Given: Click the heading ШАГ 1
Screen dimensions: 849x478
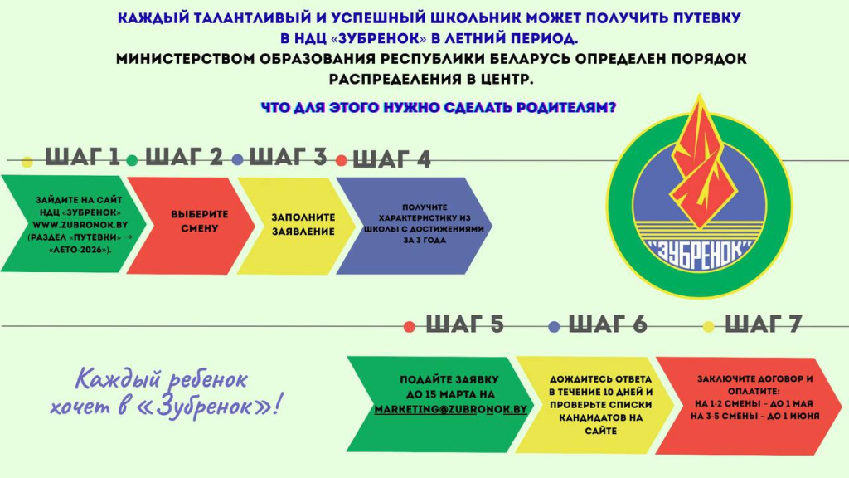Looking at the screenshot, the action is (x=82, y=157).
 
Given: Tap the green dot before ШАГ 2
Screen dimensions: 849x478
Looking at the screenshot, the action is (x=132, y=160).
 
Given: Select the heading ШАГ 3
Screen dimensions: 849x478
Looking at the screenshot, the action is (x=288, y=157).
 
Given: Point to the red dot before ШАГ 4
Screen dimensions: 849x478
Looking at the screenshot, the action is (x=341, y=160).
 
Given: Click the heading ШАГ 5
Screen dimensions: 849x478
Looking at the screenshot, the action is (x=464, y=324).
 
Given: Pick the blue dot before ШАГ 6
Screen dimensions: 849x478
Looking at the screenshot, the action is (x=554, y=327).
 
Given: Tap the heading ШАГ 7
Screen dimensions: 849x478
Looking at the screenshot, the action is (x=763, y=324).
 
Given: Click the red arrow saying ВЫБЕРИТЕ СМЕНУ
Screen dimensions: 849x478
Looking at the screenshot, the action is (x=191, y=224).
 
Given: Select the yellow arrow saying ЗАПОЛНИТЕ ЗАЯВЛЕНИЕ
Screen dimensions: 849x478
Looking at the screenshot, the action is (x=296, y=225).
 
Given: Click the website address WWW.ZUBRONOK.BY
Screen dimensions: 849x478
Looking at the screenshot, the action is (x=80, y=224).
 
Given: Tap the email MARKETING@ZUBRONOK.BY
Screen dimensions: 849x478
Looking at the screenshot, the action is (x=450, y=409).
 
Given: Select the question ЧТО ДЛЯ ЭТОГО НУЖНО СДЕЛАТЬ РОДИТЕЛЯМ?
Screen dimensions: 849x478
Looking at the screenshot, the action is (x=439, y=107).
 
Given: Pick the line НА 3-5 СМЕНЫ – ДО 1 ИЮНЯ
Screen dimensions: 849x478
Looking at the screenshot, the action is (x=754, y=417).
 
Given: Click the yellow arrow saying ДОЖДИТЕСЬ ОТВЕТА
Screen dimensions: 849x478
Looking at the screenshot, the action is (x=594, y=405).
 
